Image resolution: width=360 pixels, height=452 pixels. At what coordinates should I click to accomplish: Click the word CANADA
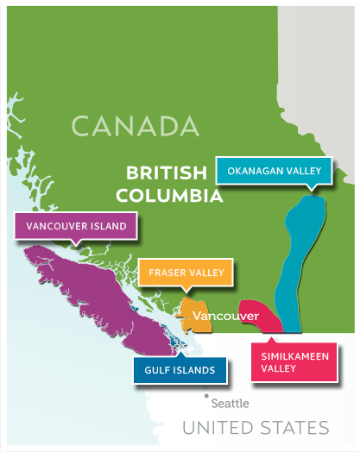pyautogui.click(x=136, y=126)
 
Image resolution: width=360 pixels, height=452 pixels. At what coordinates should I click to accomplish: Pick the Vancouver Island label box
pyautogui.click(x=77, y=226)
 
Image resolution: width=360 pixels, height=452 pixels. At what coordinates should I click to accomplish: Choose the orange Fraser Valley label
pyautogui.click(x=186, y=273)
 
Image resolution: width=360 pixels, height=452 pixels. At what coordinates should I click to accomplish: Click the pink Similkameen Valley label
pyautogui.click(x=292, y=361)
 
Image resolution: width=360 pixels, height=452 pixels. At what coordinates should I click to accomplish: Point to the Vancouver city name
pyautogui.click(x=226, y=317)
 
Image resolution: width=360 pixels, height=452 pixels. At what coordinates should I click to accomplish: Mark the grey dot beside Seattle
pyautogui.click(x=206, y=396)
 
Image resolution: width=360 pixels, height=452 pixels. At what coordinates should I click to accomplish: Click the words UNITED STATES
pyautogui.click(x=256, y=428)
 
